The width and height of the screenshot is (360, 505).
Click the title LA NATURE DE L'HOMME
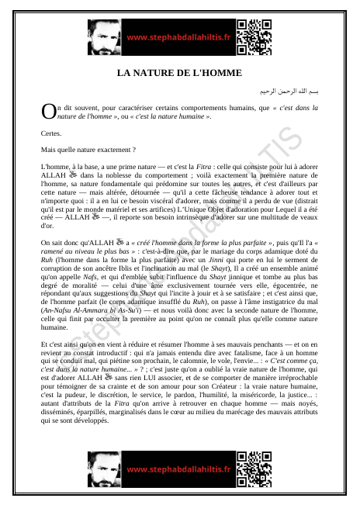[179, 73]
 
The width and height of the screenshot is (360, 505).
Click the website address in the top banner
[178, 36]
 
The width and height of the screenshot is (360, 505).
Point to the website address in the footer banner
[178, 469]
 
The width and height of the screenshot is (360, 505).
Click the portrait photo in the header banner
[106, 36]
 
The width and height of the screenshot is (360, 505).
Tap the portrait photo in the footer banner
[106, 469]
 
